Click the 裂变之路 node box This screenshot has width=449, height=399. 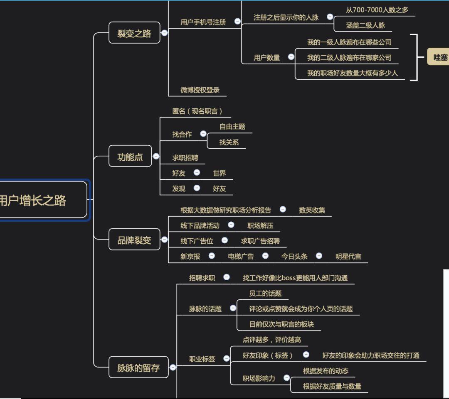pyautogui.click(x=134, y=33)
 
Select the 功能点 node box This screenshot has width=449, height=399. pyautogui.click(x=130, y=157)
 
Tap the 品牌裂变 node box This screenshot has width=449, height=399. pyautogui.click(x=134, y=240)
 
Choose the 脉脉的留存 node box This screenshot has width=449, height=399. pyautogui.click(x=138, y=367)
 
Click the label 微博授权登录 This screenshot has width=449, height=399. pyautogui.click(x=200, y=90)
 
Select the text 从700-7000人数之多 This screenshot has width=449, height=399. pyautogui.click(x=377, y=10)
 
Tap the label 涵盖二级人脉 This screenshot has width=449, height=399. pyautogui.click(x=365, y=25)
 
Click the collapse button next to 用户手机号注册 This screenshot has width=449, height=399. pyautogui.click(x=237, y=21)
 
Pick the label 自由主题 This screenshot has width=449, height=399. pyautogui.click(x=232, y=126)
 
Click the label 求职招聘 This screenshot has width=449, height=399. pyautogui.click(x=185, y=158)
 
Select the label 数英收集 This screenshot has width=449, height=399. pyautogui.click(x=312, y=210)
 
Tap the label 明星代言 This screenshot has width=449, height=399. pyautogui.click(x=348, y=256)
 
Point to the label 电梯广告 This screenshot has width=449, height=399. pyautogui.click(x=241, y=256)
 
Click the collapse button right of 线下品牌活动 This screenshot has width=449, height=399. pyautogui.click(x=231, y=225)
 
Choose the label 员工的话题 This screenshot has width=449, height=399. pyautogui.click(x=265, y=293)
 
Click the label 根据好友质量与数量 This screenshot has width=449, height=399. pyautogui.click(x=332, y=386)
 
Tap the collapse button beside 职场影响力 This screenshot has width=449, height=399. pyautogui.click(x=286, y=378)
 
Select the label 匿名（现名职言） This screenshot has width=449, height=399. pyautogui.click(x=197, y=111)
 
